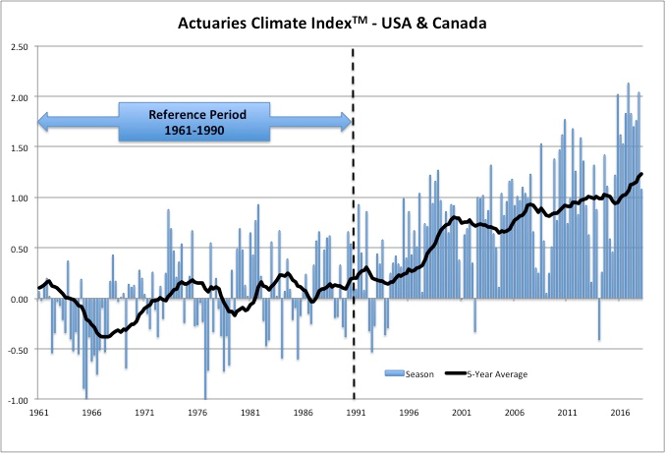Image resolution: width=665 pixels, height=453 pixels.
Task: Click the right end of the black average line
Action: [x=641, y=175]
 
